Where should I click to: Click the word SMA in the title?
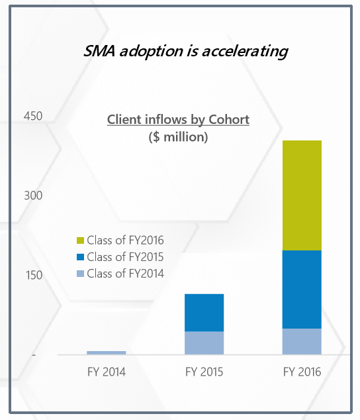pos(99,51)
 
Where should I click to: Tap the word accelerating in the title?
pos(245,52)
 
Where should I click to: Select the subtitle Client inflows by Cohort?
pos(178,120)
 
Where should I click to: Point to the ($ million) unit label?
pos(178,137)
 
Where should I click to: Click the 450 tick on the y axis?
pos(33,116)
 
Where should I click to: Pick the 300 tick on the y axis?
pos(33,195)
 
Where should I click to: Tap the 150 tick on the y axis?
pos(34,275)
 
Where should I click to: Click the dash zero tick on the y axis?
pos(34,355)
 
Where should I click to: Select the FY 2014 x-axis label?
pos(107,372)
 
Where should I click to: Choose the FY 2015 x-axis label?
pos(204,372)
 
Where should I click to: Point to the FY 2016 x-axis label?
pos(302,372)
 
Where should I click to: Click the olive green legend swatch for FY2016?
pos(80,240)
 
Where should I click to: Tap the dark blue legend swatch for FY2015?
pos(80,257)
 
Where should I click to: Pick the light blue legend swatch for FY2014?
pos(80,274)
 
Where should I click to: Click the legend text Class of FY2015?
pos(125,257)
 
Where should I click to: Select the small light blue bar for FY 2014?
pos(107,352)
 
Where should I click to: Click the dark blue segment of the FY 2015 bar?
pos(204,313)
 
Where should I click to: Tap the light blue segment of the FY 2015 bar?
pos(204,343)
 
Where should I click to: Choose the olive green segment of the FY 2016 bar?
pos(302,195)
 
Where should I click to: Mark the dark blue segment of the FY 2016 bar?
pos(302,289)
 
